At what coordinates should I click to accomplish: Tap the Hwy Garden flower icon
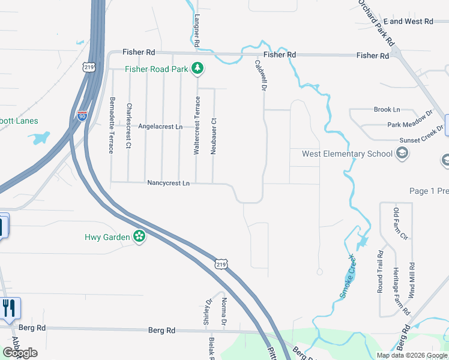[139, 236]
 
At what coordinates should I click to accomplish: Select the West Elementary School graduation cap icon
[402, 154]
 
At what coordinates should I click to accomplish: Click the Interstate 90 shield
[82, 114]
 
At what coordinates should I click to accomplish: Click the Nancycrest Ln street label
[168, 183]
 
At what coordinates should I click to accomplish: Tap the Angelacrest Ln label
[160, 127]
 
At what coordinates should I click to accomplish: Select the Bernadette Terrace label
[112, 125]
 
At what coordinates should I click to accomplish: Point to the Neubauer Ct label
[213, 136]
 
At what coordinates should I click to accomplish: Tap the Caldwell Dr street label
[260, 75]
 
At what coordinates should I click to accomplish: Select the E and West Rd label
[408, 21]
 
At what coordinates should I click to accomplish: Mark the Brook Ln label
[387, 110]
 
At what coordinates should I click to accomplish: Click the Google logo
[20, 353]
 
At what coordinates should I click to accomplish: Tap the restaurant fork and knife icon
[8, 308]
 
